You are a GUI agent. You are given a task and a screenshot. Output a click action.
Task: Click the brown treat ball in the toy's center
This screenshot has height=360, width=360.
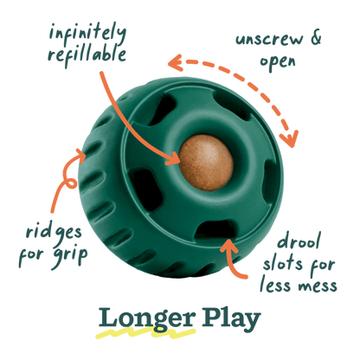click(x=206, y=163)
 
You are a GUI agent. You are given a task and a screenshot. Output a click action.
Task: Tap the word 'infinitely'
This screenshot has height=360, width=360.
click(x=87, y=34)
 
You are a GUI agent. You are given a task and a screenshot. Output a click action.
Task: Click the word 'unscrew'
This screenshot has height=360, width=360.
click(x=269, y=40)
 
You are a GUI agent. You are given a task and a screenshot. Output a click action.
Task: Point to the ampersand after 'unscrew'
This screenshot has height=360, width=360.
click(x=316, y=38)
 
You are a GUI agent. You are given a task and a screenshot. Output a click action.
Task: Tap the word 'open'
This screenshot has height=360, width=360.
click(x=278, y=62)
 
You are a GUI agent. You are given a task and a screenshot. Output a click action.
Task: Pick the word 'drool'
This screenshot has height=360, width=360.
click(x=299, y=241)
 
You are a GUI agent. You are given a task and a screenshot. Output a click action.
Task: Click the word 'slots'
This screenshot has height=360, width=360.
click(x=283, y=263)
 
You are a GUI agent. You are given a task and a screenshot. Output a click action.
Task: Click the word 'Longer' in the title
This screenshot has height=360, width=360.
click(x=147, y=319)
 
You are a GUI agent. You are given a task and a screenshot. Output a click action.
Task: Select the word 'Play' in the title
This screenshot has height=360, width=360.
click(x=231, y=319)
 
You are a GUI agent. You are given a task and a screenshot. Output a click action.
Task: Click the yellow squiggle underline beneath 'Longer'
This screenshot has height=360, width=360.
click(x=145, y=334)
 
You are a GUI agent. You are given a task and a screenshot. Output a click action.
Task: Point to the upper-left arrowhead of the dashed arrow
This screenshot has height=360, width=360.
click(x=175, y=63)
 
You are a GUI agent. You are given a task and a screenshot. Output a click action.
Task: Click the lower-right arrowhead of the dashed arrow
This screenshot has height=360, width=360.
click(x=289, y=139)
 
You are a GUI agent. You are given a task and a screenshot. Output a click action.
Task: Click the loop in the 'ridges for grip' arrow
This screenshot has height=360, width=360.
click(x=70, y=183)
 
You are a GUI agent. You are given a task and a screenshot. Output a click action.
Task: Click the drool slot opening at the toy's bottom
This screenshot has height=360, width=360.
click(x=214, y=229)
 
